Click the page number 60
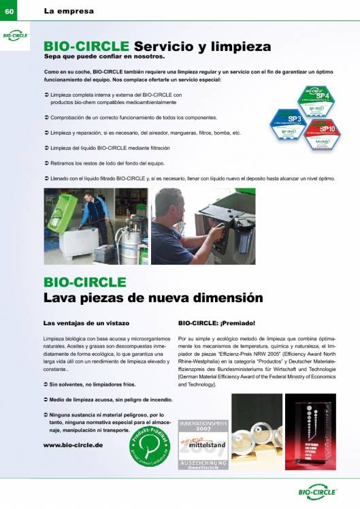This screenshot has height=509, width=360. [10, 10]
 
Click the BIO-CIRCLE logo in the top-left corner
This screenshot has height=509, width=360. [15, 35]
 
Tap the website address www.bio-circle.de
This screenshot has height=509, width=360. [73, 444]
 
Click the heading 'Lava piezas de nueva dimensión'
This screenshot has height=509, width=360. [152, 297]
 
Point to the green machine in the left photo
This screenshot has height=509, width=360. [63, 215]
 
